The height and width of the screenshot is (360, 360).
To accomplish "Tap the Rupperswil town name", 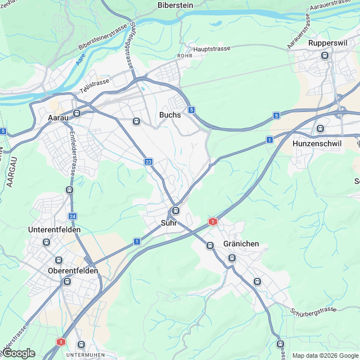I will tap(325, 43).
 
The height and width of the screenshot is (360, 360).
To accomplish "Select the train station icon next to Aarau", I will tap(77, 113).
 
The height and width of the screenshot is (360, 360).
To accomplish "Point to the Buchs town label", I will tap(170, 115).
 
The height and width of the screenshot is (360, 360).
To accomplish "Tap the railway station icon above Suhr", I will tap(176, 211).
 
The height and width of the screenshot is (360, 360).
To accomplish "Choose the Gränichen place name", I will tap(241, 244).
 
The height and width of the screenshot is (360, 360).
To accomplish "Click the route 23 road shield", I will tap(148, 162).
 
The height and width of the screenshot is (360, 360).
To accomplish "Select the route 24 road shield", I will tap(73, 216).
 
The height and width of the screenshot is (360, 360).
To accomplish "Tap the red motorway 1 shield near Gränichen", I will tap(213, 222).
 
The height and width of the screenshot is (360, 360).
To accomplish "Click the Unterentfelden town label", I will tap(55, 230).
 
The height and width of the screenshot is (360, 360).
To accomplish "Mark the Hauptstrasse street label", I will tap(211, 49).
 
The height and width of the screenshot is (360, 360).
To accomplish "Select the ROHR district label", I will tap(184, 56).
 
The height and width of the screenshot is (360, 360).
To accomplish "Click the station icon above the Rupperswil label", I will tap(325, 55).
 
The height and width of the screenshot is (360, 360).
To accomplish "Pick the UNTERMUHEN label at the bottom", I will tap(83, 355).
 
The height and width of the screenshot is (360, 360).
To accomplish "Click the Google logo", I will tap(18, 353).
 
